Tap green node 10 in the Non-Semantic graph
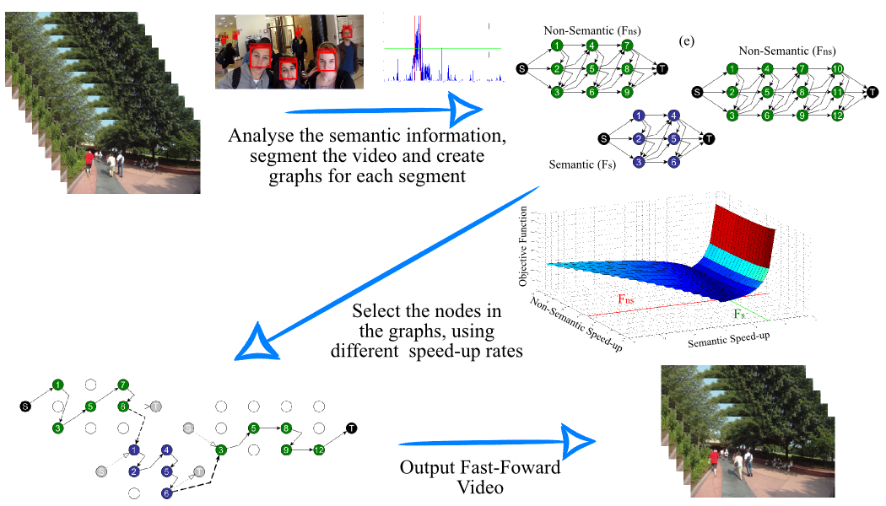pyautogui.click(x=836, y=68)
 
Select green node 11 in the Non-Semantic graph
pyautogui.click(x=836, y=92)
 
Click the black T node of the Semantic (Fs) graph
pyautogui.click(x=709, y=138)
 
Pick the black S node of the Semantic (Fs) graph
pyautogui.click(x=603, y=138)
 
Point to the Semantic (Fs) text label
pyautogui.click(x=581, y=164)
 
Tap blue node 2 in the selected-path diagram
pyautogui.click(x=134, y=471)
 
